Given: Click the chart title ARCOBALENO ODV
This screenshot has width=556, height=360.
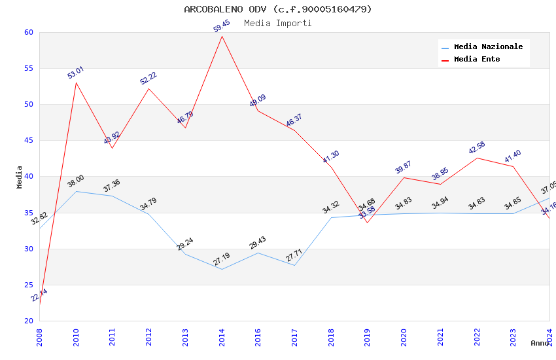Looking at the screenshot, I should tap(278, 9).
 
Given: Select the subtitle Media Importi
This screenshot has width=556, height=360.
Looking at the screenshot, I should tap(278, 24).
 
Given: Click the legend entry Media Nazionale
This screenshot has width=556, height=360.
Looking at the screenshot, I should tap(488, 47).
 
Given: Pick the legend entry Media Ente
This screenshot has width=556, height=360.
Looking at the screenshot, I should tap(477, 60).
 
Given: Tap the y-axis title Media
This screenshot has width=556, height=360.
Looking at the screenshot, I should tap(20, 177).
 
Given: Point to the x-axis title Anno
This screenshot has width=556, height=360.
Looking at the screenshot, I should tap(540, 343).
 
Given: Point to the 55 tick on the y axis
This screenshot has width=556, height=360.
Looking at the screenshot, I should tap(28, 68).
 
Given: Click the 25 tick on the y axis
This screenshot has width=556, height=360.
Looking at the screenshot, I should tap(28, 285).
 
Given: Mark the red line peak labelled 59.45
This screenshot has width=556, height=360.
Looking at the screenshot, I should tap(222, 36).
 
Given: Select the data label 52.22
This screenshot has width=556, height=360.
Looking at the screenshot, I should tap(148, 79).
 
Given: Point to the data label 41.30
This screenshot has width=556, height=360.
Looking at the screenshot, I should tap(331, 157).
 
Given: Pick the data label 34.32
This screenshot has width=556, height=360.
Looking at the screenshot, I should tap(331, 208).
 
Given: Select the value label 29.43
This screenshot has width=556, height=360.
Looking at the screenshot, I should tap(258, 243).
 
